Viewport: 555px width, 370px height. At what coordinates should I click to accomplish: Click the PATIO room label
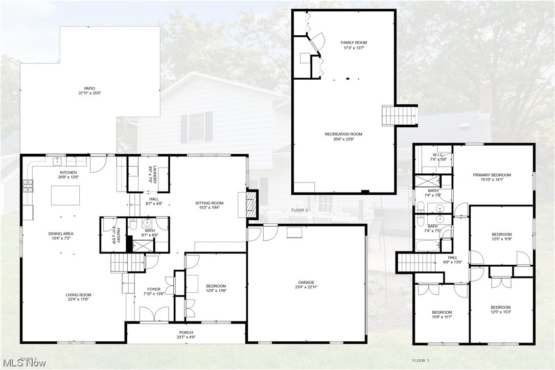click(x=87, y=88)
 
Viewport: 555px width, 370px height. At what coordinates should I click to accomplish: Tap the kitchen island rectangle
click(x=65, y=195)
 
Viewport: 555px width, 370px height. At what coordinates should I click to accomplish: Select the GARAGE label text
click(x=307, y=282)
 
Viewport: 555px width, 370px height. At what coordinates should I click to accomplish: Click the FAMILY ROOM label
click(x=354, y=42)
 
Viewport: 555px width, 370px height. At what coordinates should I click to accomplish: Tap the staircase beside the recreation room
click(x=393, y=114)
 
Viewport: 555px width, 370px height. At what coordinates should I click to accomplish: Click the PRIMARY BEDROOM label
click(x=492, y=175)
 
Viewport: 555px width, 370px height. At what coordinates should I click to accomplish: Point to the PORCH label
click(x=186, y=332)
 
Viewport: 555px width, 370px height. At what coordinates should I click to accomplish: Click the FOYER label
click(x=154, y=289)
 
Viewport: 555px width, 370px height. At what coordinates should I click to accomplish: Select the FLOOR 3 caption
click(x=421, y=361)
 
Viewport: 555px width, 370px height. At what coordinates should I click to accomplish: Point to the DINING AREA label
click(x=61, y=234)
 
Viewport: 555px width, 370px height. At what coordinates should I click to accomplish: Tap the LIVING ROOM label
click(x=78, y=295)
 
